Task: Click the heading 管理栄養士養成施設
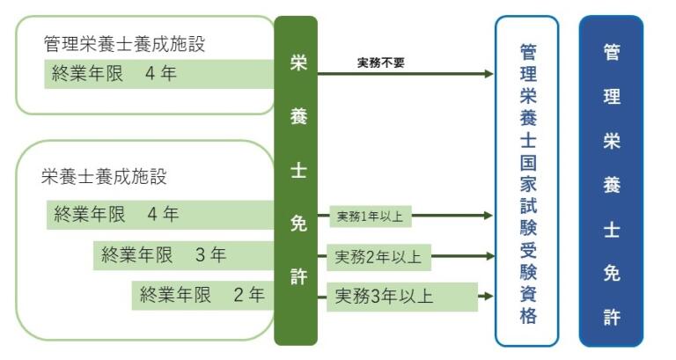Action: tap(129, 43)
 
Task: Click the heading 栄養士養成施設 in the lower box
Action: tap(105, 176)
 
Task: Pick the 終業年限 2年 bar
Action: tap(202, 296)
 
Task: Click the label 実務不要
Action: tap(380, 62)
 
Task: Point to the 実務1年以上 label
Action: tap(371, 215)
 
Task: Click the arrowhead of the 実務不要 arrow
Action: tap(488, 74)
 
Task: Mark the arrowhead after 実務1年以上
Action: tap(488, 215)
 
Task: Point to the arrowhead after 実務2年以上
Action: tap(488, 257)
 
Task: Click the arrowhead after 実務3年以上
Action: tap(488, 297)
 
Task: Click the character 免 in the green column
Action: tap(298, 224)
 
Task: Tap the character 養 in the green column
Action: tap(298, 117)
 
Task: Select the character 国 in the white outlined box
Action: tap(527, 163)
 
